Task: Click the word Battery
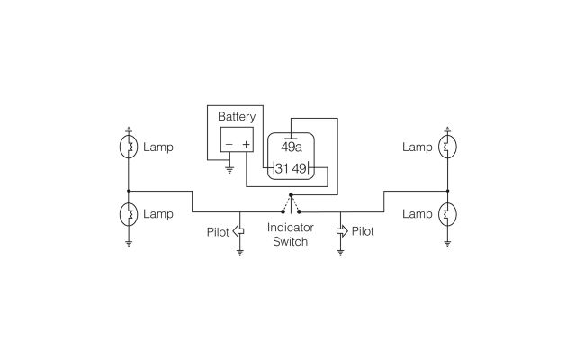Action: (237, 117)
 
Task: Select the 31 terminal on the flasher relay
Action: (281, 168)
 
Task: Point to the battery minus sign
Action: (229, 144)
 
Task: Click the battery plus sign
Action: (246, 144)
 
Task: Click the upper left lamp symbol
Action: (130, 147)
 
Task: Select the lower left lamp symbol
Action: (130, 214)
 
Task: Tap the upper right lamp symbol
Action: (447, 147)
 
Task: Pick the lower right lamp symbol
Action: (447, 214)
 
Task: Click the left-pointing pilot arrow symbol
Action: (239, 231)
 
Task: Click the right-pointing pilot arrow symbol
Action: (341, 231)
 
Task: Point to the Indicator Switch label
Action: (290, 235)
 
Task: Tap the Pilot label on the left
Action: (218, 231)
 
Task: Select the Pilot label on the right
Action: (363, 231)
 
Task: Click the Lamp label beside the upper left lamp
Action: (158, 147)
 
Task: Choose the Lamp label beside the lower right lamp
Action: (417, 214)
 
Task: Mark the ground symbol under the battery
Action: (229, 167)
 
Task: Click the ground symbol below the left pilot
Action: (239, 252)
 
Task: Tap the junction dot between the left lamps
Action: (130, 191)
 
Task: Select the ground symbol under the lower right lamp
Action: (447, 241)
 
